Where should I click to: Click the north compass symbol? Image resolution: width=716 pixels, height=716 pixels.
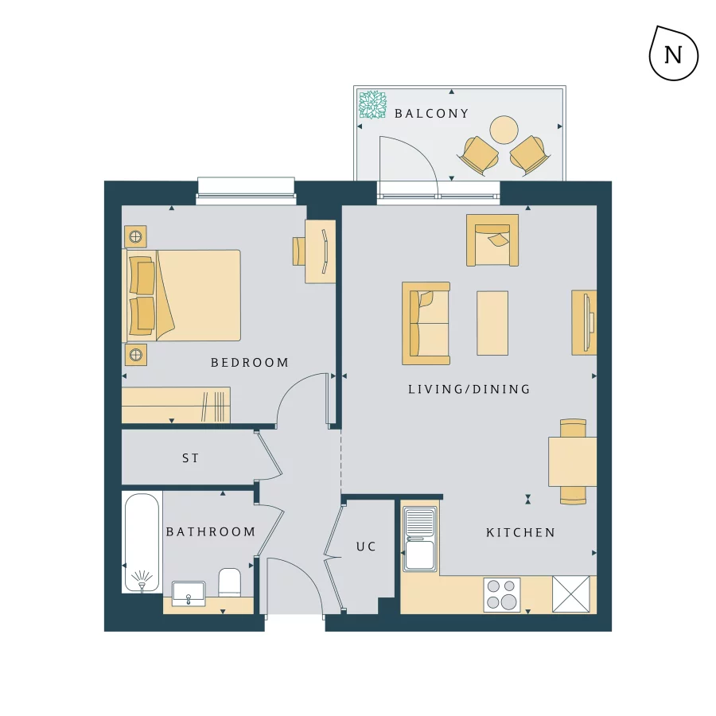673,54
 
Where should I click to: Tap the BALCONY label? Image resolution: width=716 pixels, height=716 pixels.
432,114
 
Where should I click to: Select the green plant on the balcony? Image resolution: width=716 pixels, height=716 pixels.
371,104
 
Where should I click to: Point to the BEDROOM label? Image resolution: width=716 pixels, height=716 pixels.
250,363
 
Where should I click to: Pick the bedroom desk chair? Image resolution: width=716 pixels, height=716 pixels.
299,251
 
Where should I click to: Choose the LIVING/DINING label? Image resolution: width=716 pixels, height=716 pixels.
469,389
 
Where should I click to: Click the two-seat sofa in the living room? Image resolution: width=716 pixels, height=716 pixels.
426,323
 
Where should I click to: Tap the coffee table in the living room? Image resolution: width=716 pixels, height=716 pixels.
492,322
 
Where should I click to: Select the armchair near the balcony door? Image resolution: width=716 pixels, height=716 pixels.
492,239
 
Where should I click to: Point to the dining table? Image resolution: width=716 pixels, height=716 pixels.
572,461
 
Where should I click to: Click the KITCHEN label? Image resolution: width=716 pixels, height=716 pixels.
520,532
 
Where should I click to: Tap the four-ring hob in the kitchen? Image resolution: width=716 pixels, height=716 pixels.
502,594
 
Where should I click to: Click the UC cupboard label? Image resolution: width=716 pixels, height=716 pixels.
366,547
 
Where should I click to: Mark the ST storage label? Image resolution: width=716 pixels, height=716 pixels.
190,458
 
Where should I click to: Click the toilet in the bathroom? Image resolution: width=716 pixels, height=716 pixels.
230,582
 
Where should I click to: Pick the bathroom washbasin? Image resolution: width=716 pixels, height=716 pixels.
189,593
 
